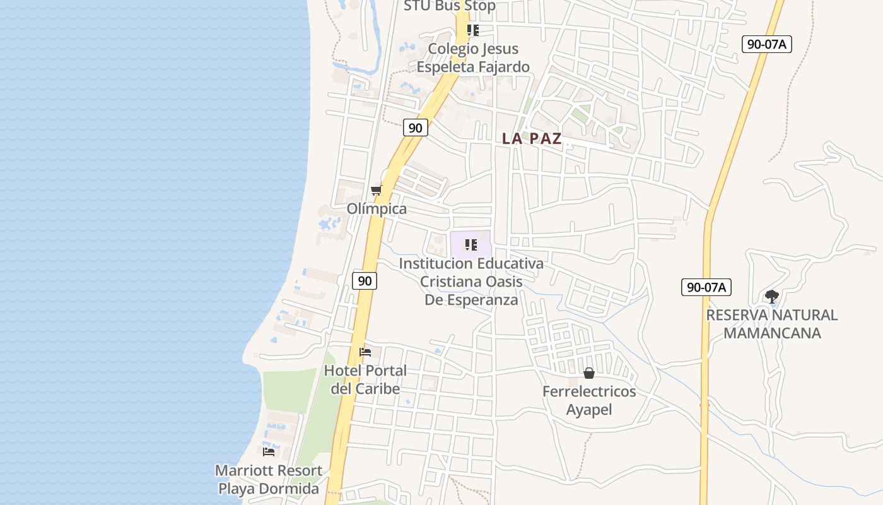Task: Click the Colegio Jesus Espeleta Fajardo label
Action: [x=473, y=57]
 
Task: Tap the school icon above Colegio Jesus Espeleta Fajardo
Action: [x=472, y=30]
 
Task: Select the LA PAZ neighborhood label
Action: [x=532, y=139]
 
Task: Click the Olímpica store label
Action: [x=377, y=208]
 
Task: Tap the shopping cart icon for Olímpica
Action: [x=376, y=190]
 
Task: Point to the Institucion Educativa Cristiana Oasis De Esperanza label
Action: [x=471, y=281]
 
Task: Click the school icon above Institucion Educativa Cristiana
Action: [x=471, y=245]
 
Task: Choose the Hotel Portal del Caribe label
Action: [x=365, y=379]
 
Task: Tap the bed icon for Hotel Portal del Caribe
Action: [x=365, y=352]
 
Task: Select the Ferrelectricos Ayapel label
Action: [x=589, y=400]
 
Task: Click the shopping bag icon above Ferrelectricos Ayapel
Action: [x=588, y=373]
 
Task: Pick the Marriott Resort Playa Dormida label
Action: [x=269, y=479]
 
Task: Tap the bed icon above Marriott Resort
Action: [x=269, y=451]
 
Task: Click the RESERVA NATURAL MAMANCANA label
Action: [x=772, y=323]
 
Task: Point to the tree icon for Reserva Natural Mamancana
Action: [x=771, y=296]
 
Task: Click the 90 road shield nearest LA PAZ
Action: [x=415, y=128]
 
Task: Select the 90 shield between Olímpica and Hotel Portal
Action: [x=365, y=280]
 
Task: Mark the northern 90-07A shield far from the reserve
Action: [x=766, y=44]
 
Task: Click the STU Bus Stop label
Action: [x=450, y=6]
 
